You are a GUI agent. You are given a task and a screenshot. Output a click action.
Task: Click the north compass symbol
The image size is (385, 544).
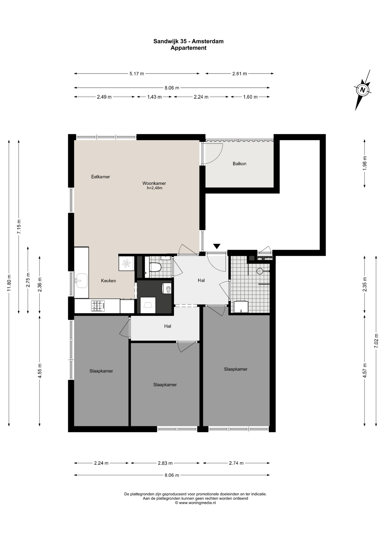click(363, 90)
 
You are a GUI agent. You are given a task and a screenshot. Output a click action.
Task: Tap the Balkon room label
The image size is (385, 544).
click(239, 163)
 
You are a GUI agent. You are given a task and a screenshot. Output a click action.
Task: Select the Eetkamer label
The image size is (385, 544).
click(100, 177)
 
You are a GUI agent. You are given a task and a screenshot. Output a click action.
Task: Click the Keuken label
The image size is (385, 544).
click(108, 281)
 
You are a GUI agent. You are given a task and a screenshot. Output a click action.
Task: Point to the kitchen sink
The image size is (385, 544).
click(81, 280)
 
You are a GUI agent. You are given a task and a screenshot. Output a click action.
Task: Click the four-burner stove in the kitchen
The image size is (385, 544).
click(98, 306)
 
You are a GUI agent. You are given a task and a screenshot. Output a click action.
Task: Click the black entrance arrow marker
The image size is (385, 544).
click(217, 246)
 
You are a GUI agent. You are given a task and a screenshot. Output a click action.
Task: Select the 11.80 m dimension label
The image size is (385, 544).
click(9, 283)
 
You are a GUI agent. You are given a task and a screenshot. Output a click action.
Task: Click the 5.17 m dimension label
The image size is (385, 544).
click(137, 74)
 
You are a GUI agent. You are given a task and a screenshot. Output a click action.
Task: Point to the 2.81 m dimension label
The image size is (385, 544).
click(240, 74)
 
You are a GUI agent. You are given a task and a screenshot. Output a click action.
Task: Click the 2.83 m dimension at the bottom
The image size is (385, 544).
click(165, 463)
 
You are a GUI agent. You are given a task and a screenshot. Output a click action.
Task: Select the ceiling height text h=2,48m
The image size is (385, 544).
click(155, 188)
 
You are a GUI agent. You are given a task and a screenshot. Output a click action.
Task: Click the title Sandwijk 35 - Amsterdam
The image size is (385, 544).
click(189, 41)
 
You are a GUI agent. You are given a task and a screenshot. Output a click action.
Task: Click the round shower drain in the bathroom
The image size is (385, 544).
click(259, 271)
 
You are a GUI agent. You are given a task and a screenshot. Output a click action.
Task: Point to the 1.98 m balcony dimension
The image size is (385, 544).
click(365, 163)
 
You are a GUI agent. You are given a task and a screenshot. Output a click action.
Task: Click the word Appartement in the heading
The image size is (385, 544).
click(189, 48)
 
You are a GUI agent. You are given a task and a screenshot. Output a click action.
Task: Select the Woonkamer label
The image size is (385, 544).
click(154, 183)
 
